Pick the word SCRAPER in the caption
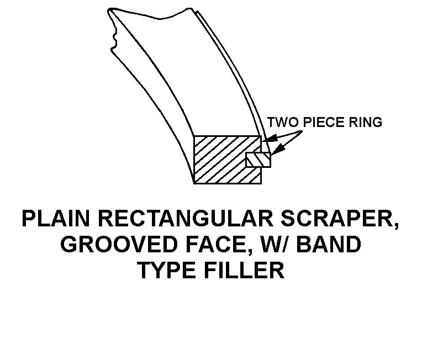(338, 219)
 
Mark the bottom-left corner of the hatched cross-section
(194, 183)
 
